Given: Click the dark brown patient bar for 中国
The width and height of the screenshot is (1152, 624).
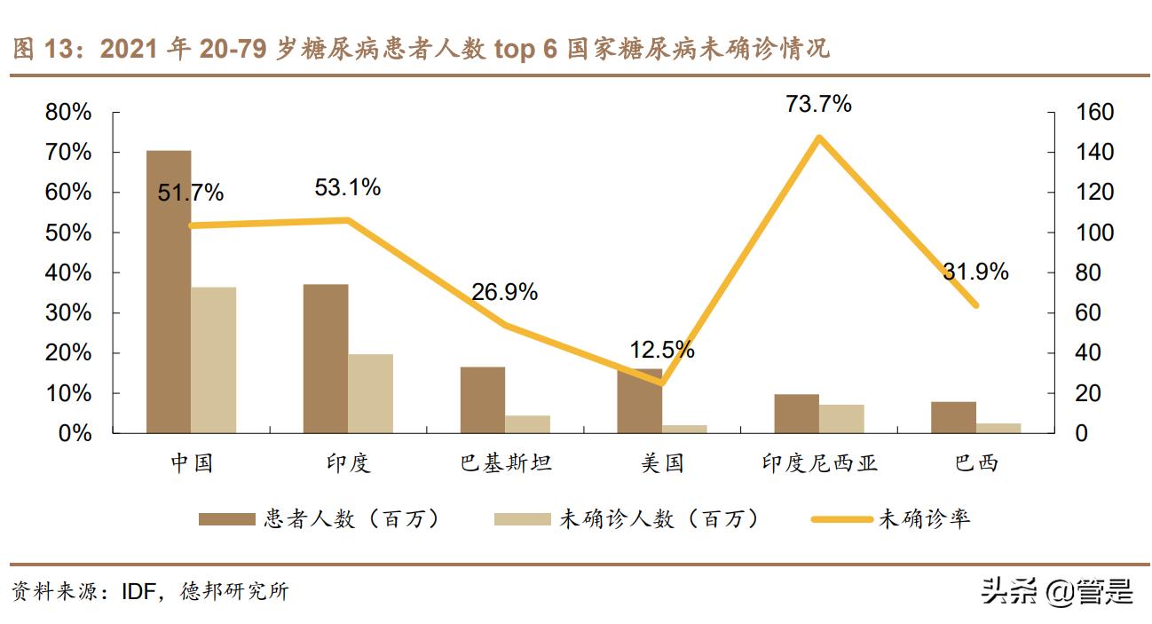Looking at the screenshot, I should point(169,292).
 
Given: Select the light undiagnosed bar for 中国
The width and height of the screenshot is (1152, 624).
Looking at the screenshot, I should point(213,359).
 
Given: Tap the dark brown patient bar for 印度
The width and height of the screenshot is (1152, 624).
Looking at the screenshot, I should point(326,359).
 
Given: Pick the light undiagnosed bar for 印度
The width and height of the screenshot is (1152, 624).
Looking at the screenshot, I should point(370,393).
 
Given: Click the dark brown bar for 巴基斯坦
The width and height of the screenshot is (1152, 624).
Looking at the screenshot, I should point(483,399).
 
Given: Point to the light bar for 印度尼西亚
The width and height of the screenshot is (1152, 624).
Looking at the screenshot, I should point(841,419).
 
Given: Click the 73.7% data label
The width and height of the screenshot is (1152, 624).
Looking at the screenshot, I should point(818,104).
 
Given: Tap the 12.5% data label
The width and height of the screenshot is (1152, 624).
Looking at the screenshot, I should point(662,350).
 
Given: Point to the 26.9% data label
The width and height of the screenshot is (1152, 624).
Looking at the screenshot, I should point(504,292).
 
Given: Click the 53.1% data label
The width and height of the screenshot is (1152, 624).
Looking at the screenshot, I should point(348,187).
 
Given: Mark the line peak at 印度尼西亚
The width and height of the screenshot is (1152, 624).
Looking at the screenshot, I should point(819,138).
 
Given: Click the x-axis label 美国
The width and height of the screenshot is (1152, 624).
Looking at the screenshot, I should point(662,462).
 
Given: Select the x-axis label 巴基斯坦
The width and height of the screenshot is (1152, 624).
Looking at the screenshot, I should point(505,462).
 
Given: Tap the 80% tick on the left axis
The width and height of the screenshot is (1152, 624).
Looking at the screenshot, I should point(69,113).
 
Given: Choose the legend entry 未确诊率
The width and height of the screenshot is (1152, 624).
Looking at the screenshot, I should point(923,519).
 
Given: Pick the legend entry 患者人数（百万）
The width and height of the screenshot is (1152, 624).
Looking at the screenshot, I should point(351,519).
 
